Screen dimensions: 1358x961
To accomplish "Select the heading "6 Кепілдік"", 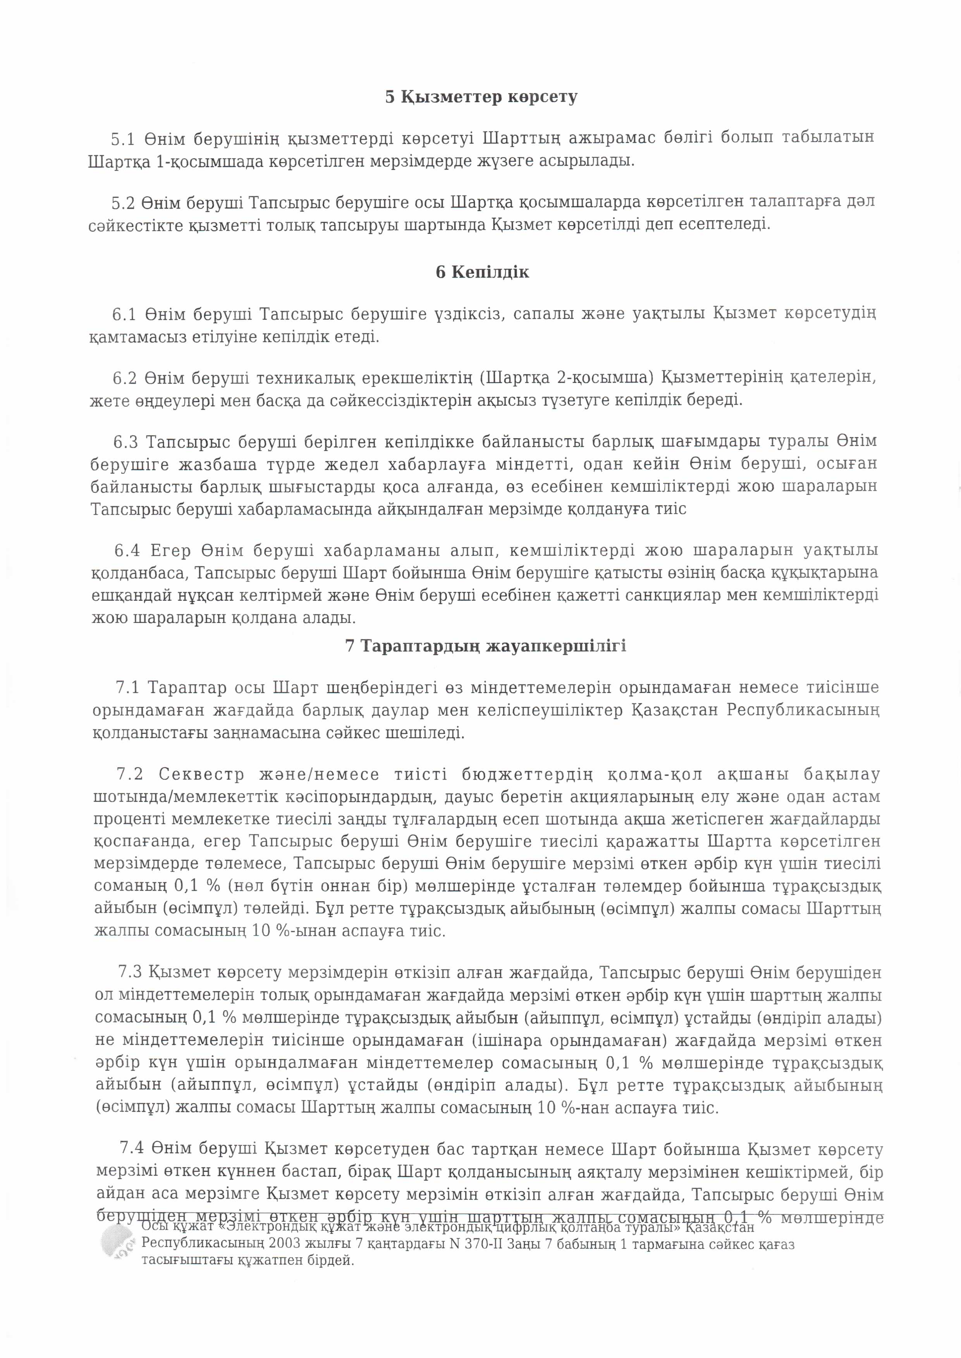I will pos(482,272).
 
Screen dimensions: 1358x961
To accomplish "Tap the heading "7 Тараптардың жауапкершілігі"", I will pos(485,646).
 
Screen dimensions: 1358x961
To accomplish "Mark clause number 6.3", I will pos(125,442).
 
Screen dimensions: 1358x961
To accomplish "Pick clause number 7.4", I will pos(131,1149).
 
